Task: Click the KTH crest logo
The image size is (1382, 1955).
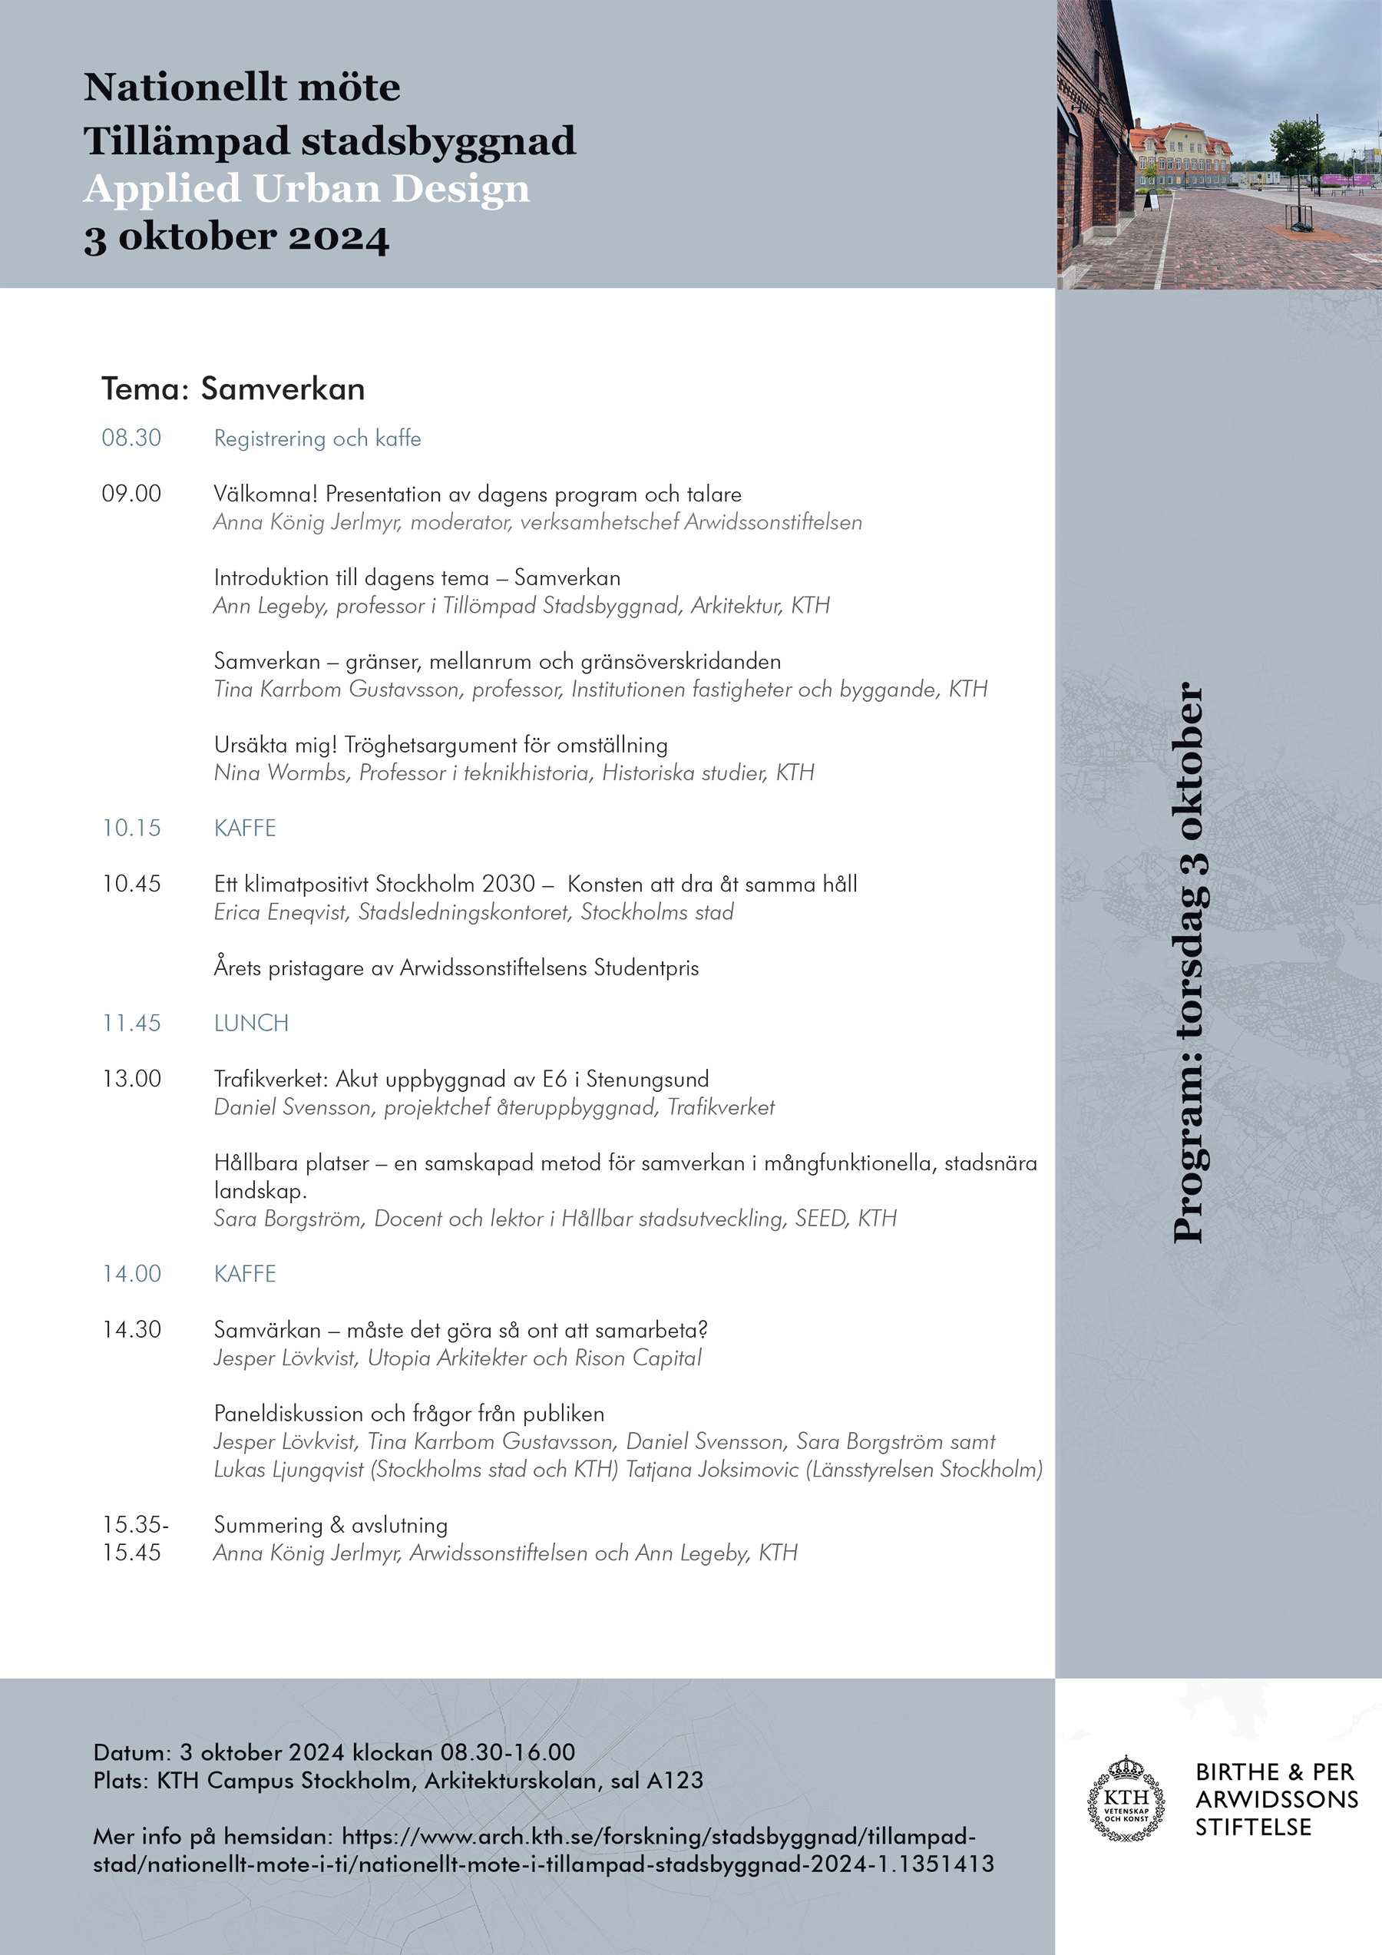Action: (x=1126, y=1798)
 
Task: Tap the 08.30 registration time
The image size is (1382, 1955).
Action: (x=131, y=438)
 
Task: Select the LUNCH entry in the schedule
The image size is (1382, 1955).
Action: (x=251, y=1023)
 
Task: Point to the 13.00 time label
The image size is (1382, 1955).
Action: (x=131, y=1079)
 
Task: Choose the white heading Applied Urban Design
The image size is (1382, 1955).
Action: (x=306, y=188)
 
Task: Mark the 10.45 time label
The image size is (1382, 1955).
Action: (x=131, y=884)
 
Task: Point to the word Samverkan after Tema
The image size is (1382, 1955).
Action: (x=283, y=389)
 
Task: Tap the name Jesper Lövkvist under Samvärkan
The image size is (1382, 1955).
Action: (x=284, y=1358)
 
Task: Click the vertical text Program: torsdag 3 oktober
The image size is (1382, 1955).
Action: (x=1189, y=962)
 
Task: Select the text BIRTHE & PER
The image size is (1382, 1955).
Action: (x=1274, y=1772)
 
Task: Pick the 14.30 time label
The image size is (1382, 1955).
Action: (x=131, y=1330)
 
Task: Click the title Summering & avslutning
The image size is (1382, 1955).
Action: (x=330, y=1525)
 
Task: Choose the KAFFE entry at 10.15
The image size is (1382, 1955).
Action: (x=245, y=828)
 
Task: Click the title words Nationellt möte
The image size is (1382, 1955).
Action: (x=242, y=87)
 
